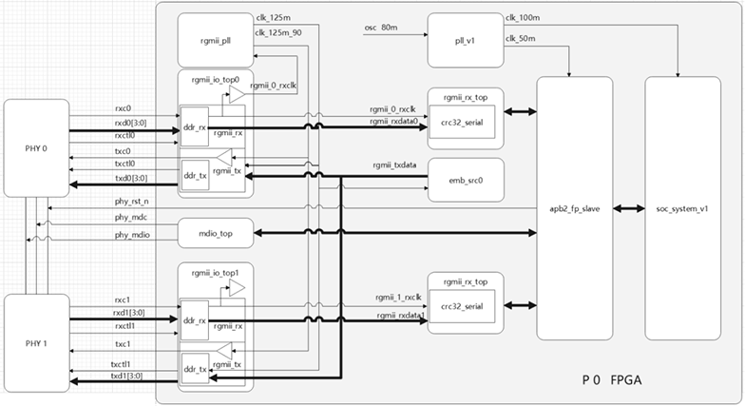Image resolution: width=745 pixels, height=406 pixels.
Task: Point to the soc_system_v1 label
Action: [682, 208]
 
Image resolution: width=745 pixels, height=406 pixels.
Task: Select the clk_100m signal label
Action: [524, 17]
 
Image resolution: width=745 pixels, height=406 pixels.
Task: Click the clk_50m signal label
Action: [522, 38]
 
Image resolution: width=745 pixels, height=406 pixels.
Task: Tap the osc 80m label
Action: [381, 28]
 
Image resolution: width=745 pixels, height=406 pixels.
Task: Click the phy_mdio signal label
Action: [134, 233]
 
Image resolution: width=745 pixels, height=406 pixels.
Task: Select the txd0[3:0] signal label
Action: [131, 178]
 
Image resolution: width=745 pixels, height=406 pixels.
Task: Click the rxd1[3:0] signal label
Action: [131, 312]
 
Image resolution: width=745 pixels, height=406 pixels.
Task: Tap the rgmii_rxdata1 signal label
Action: [396, 315]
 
